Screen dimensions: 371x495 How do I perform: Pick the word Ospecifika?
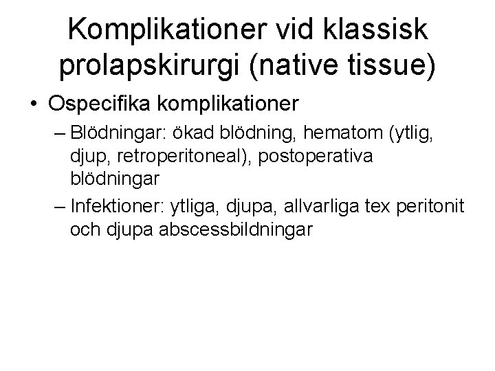click(x=100, y=104)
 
